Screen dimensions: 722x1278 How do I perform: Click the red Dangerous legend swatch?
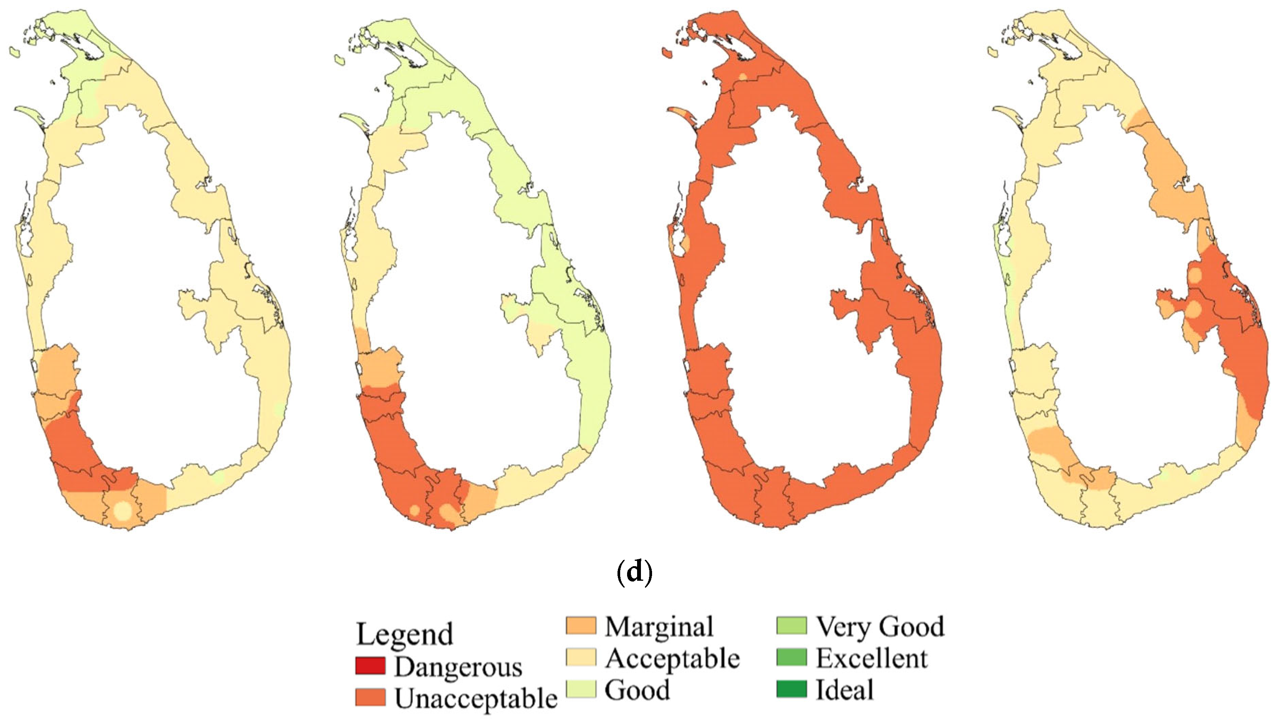click(370, 666)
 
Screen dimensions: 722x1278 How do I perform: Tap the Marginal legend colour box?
click(581, 626)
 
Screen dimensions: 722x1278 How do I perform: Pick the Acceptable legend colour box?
click(581, 658)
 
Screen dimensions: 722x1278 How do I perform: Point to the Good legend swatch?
click(581, 690)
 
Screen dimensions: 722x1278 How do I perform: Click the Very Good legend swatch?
click(791, 626)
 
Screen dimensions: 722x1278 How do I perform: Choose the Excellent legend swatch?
click(791, 658)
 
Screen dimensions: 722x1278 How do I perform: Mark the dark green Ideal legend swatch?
click(791, 690)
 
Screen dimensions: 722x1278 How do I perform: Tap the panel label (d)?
click(634, 572)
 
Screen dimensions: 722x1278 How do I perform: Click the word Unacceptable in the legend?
click(476, 699)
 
